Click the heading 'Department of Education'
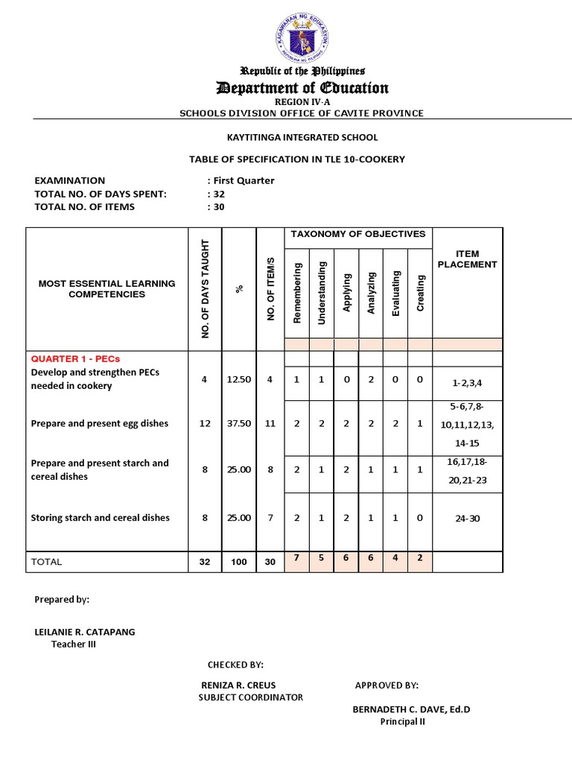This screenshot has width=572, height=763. click(302, 89)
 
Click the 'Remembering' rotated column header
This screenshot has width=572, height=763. click(297, 292)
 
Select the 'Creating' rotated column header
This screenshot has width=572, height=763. click(421, 293)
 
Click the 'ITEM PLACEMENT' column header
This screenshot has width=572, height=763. click(467, 259)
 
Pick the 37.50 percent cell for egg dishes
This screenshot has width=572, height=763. click(238, 423)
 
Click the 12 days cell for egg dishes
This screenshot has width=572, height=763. click(205, 423)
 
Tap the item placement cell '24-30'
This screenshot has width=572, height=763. click(467, 519)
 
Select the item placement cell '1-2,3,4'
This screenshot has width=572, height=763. click(467, 382)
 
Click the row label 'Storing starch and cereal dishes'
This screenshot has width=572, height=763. click(101, 518)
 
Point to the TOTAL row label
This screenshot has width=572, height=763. click(46, 562)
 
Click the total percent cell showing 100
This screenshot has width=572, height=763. click(238, 563)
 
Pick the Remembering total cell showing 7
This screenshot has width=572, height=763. click(296, 558)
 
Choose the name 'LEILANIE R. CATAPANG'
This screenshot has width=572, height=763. click(85, 632)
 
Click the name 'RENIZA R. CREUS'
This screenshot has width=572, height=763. click(238, 686)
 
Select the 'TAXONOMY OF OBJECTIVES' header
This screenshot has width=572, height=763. click(357, 234)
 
